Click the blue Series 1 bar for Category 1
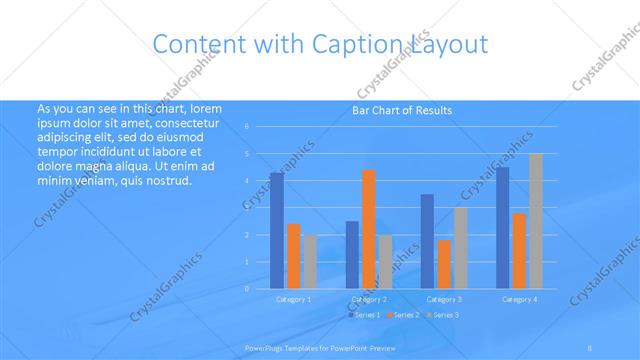277,231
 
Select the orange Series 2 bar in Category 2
369,229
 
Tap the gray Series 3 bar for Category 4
535,221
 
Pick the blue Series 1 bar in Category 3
427,241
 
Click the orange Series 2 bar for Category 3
444,264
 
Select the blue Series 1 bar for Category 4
502,228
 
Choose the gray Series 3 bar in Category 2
385,261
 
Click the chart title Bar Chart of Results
401,110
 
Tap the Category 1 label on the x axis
293,299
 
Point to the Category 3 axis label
444,299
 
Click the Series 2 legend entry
403,315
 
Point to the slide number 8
590,348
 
